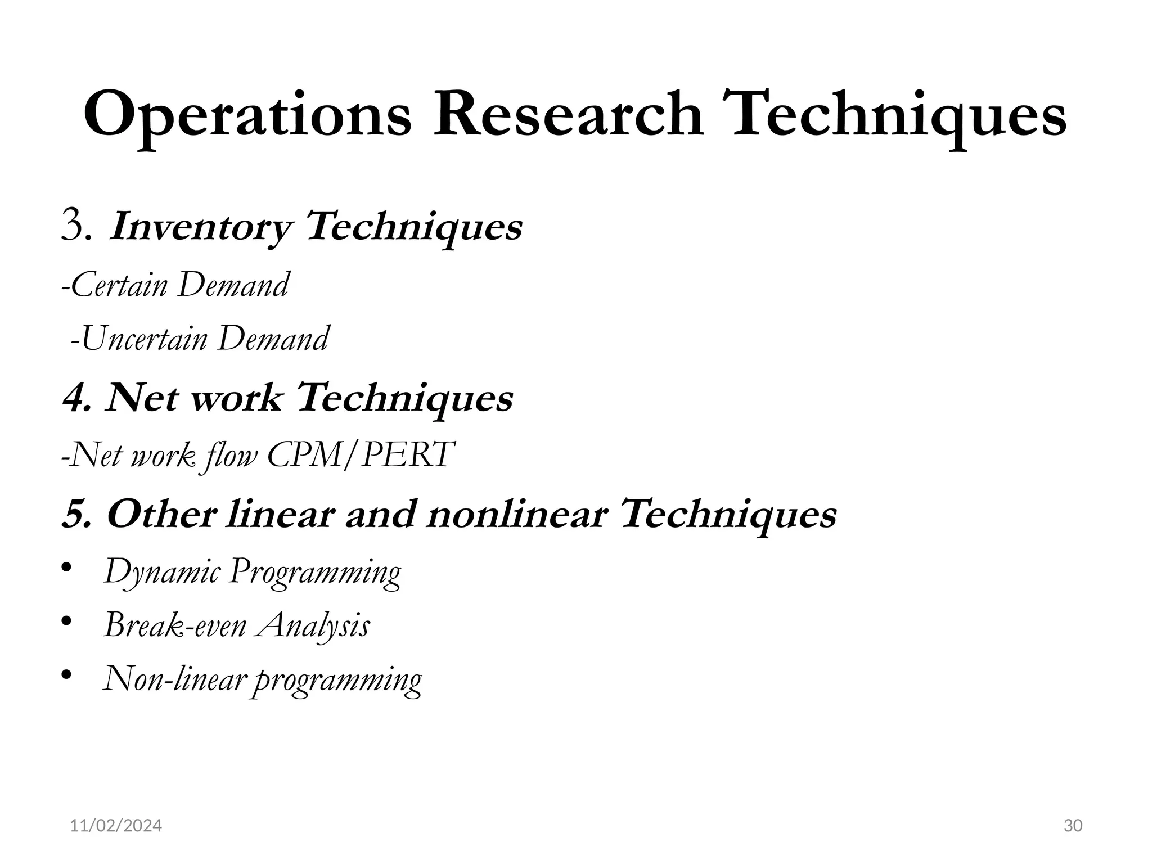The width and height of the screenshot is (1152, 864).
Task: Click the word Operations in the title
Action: (x=247, y=115)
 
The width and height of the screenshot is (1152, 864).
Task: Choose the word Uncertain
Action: (x=144, y=339)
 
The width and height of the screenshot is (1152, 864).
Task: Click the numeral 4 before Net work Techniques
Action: (x=75, y=398)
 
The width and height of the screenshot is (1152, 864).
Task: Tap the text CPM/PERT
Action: (x=361, y=454)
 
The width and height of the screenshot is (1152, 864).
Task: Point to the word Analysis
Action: (x=313, y=625)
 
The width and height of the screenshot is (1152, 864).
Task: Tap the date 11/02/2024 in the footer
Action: (x=116, y=826)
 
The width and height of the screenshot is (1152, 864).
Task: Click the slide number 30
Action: (x=1073, y=826)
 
